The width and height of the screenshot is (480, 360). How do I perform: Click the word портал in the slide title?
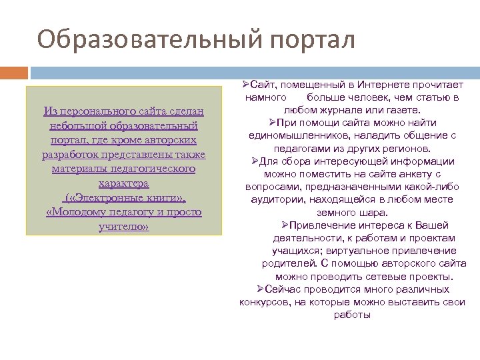pos(313,39)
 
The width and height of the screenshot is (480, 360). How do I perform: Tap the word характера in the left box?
pos(123,183)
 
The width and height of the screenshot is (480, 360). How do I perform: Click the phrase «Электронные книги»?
pos(125,198)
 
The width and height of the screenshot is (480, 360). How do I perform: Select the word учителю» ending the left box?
pos(123,227)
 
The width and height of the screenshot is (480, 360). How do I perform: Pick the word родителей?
pos(287,263)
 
